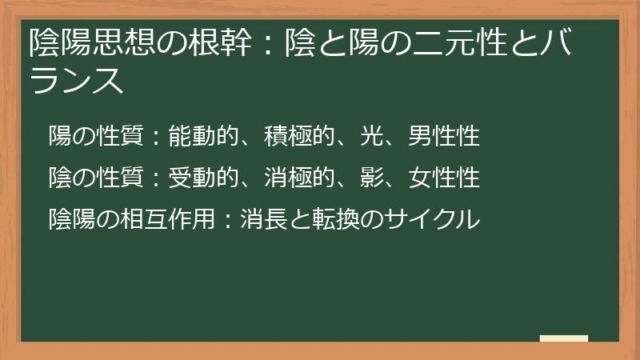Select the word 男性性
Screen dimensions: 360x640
[444, 136]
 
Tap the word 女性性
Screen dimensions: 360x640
[444, 177]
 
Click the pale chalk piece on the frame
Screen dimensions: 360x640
[564, 338]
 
